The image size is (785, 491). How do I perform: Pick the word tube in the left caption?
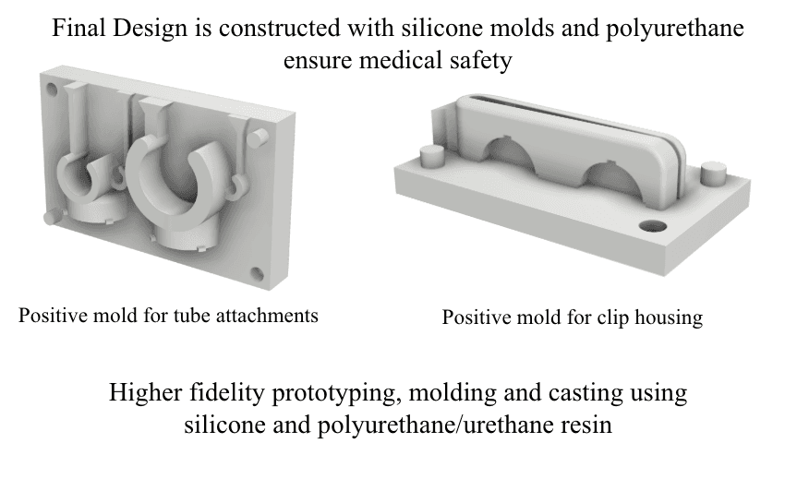pyautogui.click(x=191, y=316)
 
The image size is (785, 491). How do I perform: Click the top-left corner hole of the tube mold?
pyautogui.click(x=52, y=89)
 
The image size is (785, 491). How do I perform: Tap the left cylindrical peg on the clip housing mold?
pyautogui.click(x=429, y=155)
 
